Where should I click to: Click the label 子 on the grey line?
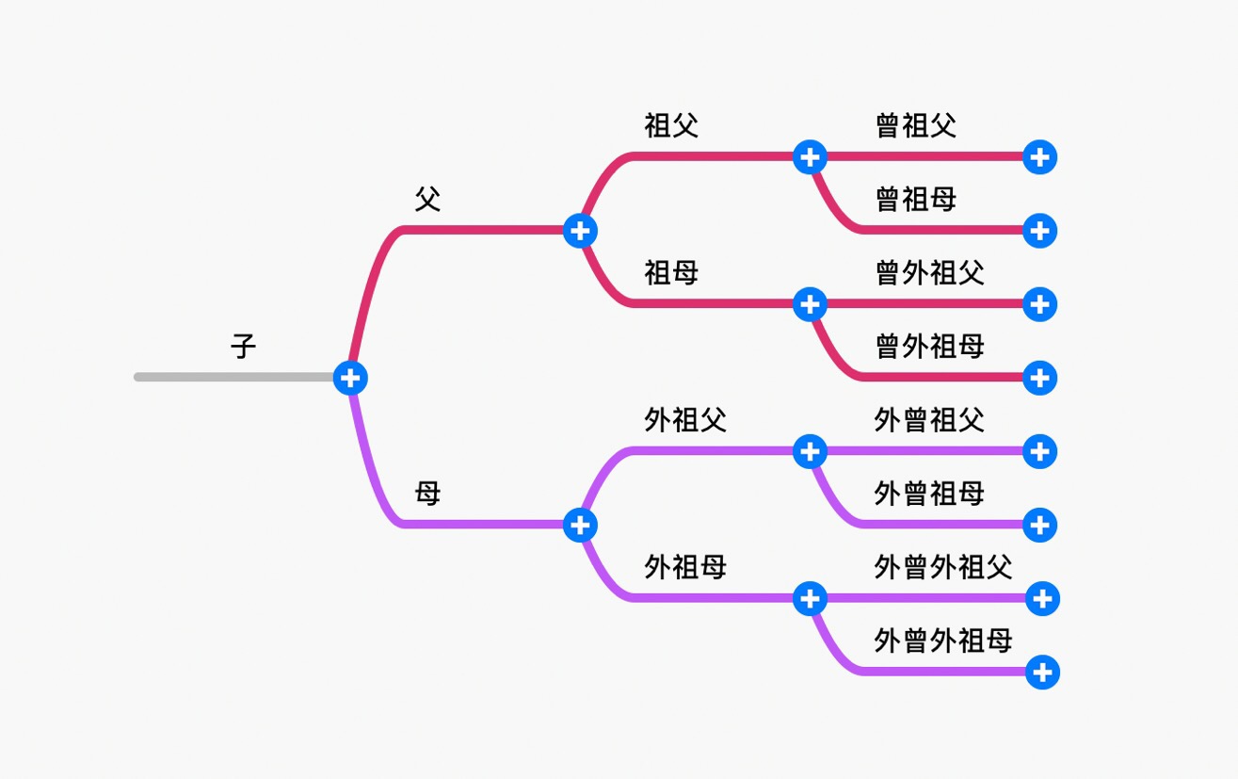(244, 347)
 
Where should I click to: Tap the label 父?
(428, 199)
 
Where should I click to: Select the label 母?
(428, 493)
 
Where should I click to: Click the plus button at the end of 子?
(350, 378)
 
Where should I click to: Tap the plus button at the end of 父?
(580, 230)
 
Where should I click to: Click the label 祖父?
(671, 125)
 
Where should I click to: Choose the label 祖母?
(671, 273)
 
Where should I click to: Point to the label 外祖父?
(685, 420)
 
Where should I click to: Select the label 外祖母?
(685, 567)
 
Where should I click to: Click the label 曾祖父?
(916, 125)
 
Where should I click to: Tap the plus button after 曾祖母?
(1039, 230)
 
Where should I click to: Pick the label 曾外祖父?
(930, 273)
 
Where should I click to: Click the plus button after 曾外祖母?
(1039, 378)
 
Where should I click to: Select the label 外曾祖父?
(929, 420)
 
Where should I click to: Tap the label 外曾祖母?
(929, 493)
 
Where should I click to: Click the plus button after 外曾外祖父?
(1042, 598)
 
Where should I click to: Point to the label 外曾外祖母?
(943, 641)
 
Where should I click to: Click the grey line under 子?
(235, 378)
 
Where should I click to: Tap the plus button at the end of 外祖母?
(810, 598)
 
